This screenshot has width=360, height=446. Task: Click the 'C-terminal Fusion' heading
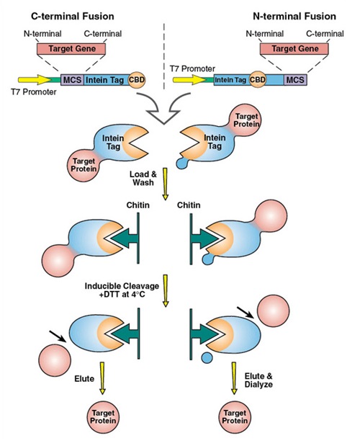coord(73,17)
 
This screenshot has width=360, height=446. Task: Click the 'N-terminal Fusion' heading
coord(294,17)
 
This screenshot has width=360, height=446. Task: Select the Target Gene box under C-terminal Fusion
coord(71,49)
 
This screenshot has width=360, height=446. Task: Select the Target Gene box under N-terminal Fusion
coord(294,49)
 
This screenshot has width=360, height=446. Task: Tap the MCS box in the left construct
coord(72,80)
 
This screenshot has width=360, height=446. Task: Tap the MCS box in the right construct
coord(295,80)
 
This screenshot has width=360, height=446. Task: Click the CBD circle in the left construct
coord(137,80)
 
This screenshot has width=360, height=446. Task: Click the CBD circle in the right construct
coord(258,80)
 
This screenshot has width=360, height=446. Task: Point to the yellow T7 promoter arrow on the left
coord(35,80)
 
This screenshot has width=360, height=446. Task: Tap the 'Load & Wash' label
coord(143,178)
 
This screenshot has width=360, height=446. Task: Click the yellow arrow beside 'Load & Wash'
coord(165,184)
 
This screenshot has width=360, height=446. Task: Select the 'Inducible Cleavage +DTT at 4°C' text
coord(122,290)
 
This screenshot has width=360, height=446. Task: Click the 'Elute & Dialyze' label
coord(258,380)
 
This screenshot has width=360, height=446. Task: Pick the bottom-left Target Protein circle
coord(103,416)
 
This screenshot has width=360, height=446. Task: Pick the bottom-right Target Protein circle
coord(235,416)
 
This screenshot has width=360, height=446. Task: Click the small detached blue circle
coord(207,357)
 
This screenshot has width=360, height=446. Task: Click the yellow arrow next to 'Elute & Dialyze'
coord(234,378)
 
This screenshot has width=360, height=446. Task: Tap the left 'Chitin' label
coord(138,205)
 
